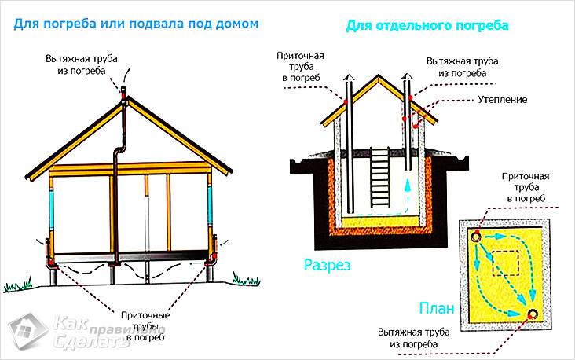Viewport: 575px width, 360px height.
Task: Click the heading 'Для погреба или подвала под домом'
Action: (136, 24)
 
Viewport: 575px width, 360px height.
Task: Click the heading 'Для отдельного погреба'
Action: (427, 26)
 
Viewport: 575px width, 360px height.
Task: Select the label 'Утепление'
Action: (501, 101)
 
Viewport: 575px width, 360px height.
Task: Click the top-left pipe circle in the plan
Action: (477, 235)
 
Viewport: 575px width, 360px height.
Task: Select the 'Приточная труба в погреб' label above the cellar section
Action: (298, 67)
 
